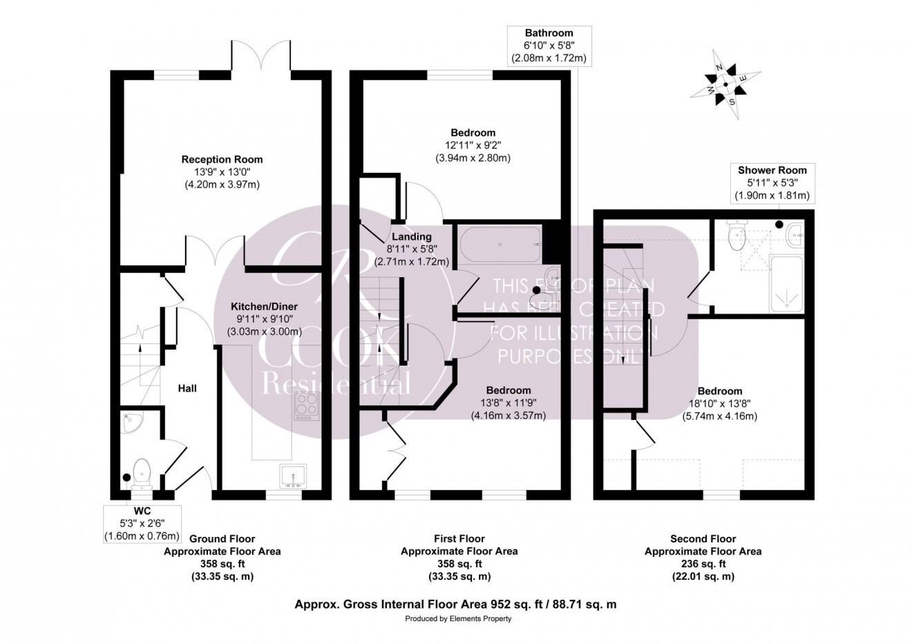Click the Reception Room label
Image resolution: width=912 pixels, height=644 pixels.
point(222,160)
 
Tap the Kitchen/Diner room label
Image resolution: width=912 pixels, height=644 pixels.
point(264,306)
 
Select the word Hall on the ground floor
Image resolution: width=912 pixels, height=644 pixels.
point(187,388)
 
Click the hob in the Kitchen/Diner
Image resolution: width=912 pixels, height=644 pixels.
point(305,406)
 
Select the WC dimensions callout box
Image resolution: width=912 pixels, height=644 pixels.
point(142,524)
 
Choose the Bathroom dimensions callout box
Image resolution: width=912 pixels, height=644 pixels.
point(549,46)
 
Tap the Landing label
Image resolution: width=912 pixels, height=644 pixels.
point(412,237)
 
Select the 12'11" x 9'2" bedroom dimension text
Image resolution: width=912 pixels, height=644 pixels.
point(473,145)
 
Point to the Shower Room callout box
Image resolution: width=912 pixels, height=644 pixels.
point(772,182)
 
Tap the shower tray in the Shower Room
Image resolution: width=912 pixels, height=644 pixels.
point(786,283)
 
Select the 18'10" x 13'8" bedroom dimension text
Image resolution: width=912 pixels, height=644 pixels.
point(720,404)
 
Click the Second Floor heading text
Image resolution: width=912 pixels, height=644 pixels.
point(703,539)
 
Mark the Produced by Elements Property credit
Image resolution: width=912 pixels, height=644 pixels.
point(458,618)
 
